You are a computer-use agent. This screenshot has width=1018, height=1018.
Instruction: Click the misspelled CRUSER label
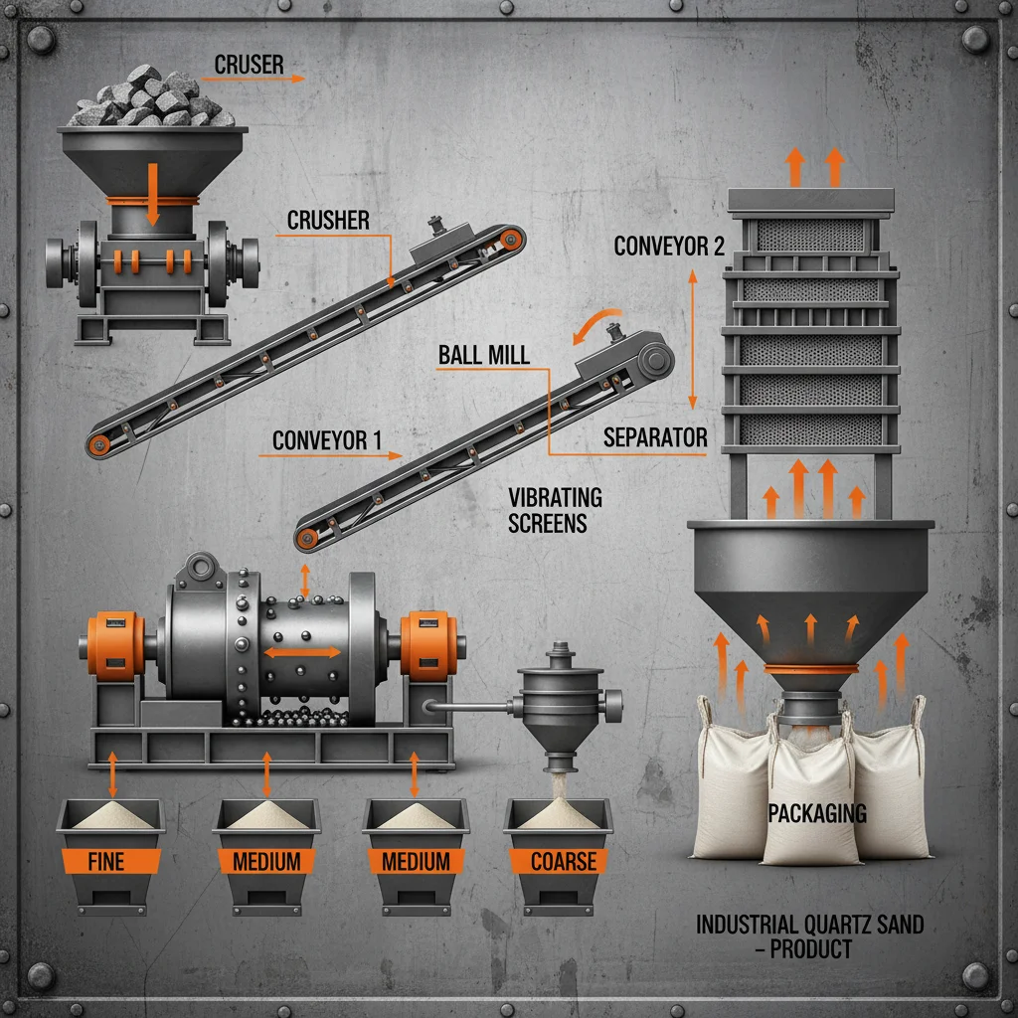[x=249, y=65]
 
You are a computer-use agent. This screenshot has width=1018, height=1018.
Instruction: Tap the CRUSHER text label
[x=328, y=220]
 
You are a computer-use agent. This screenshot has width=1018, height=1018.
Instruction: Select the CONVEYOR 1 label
[x=326, y=440]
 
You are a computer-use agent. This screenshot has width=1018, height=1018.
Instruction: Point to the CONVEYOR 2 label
[x=669, y=247]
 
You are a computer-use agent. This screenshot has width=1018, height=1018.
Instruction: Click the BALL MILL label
[x=484, y=355]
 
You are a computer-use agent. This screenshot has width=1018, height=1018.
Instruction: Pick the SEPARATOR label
[x=655, y=437]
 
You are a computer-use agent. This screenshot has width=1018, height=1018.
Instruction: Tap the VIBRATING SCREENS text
[x=555, y=510]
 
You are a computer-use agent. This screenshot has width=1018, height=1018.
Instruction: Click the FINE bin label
[x=105, y=862]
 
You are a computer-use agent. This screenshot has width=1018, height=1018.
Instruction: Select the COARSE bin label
[x=564, y=862]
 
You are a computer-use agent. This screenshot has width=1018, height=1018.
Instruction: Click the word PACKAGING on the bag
[x=817, y=813]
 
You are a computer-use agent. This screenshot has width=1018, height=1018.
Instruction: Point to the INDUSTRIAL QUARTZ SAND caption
[x=809, y=924]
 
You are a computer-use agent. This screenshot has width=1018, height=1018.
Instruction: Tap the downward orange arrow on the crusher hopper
[x=152, y=194]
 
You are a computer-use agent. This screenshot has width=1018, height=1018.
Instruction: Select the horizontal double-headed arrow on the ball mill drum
[x=302, y=652]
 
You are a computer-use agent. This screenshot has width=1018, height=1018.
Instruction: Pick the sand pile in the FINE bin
[x=111, y=815]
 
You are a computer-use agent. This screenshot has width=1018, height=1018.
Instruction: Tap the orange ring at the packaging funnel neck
[x=811, y=669]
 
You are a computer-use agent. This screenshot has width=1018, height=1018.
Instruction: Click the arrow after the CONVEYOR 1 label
[x=330, y=455]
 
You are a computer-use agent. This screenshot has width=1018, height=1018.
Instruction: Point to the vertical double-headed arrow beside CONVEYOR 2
[x=693, y=340]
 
